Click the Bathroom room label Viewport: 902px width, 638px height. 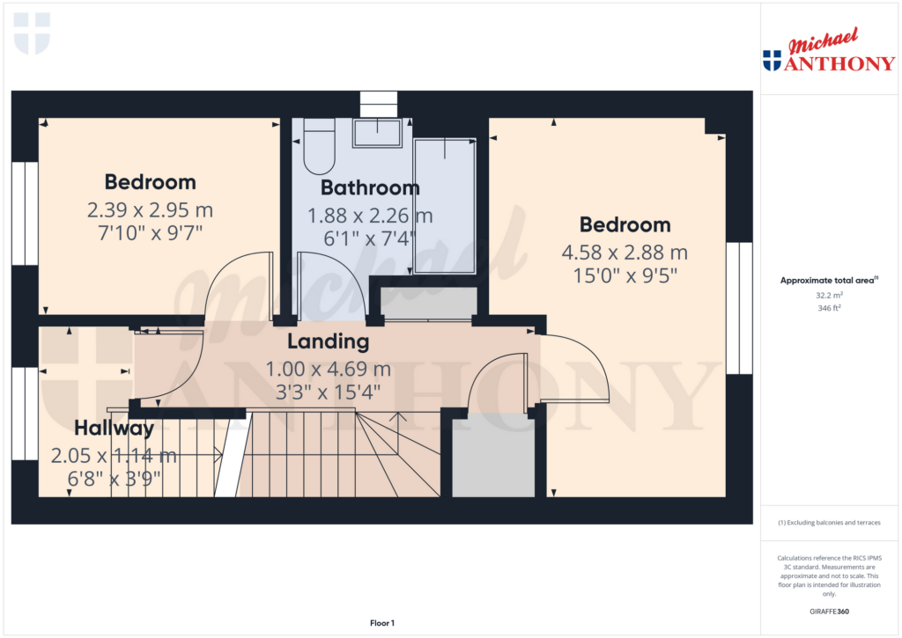click(370, 187)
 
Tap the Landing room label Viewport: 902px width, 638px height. click(328, 341)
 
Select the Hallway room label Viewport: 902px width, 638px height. click(114, 429)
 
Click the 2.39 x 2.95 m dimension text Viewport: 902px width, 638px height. click(150, 209)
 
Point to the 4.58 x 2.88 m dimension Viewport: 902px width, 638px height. click(625, 253)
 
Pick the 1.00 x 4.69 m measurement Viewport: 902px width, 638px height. click(328, 369)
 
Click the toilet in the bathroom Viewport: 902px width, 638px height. click(319, 146)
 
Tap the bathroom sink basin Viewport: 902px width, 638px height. click(377, 133)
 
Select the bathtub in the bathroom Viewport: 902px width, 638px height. click(445, 206)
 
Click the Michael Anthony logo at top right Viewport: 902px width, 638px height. click(829, 50)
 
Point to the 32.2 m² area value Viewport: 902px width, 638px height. click(829, 296)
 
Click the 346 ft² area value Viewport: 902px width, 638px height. click(829, 308)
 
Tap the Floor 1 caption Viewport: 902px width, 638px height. click(382, 623)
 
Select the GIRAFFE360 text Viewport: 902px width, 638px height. click(829, 612)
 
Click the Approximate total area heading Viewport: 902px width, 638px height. click(829, 281)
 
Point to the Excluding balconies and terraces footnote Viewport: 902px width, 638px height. click(829, 523)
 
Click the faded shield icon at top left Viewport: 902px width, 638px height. click(33, 34)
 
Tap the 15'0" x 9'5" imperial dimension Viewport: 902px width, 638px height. click(625, 276)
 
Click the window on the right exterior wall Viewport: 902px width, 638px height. click(739, 308)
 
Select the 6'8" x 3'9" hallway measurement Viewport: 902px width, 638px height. click(114, 479)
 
